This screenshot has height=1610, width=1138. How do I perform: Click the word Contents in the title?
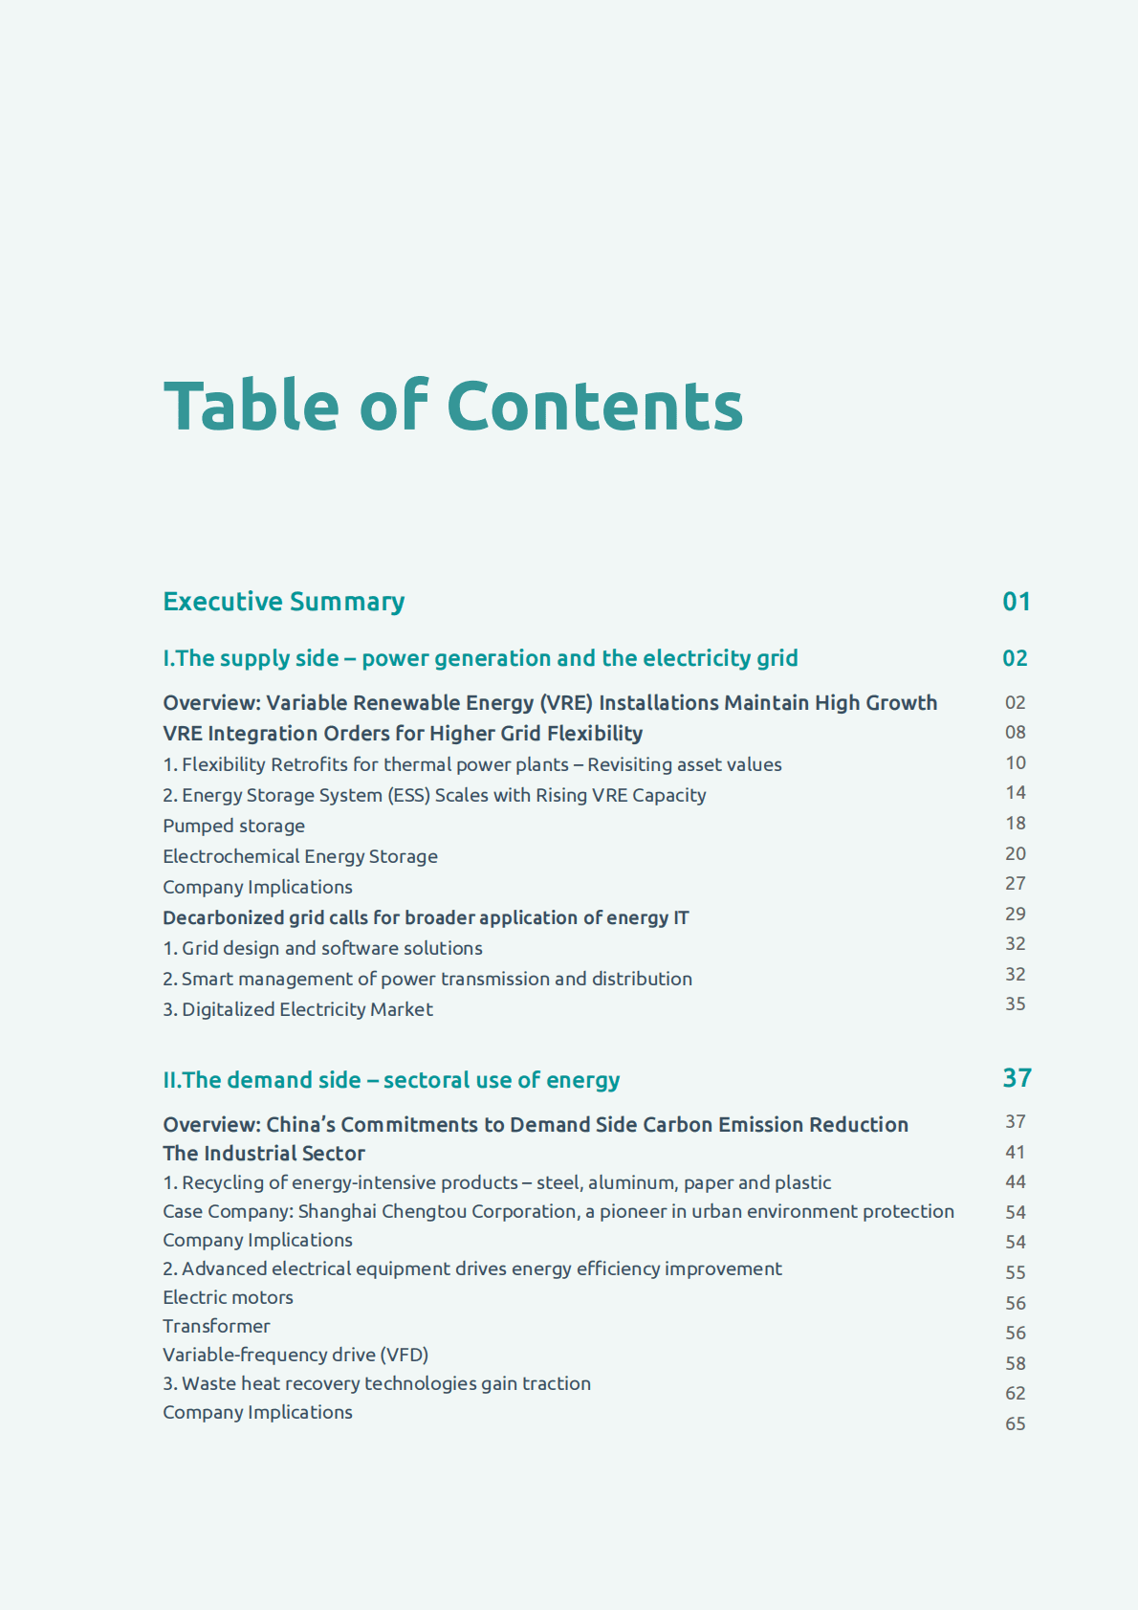point(594,406)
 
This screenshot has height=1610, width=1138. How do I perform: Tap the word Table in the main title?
point(252,406)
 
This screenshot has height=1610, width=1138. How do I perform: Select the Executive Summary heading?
point(284,602)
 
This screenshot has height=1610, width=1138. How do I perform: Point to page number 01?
point(1016,602)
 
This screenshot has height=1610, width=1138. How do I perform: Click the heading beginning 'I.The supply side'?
point(480,658)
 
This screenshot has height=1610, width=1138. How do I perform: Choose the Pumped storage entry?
point(234,826)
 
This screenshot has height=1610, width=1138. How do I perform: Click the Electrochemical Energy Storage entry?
point(300,856)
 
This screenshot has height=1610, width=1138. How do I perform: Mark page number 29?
point(1015,914)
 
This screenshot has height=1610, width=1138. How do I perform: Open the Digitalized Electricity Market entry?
point(297,1009)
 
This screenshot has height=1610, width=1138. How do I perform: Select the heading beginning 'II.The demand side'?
point(391,1080)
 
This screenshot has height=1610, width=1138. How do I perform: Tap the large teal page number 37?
point(1017,1078)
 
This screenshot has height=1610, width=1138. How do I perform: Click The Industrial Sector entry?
point(264,1153)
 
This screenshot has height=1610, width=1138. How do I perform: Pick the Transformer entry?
point(216,1326)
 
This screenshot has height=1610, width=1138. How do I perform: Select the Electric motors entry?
point(228,1297)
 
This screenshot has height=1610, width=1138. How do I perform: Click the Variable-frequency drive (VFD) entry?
point(295,1355)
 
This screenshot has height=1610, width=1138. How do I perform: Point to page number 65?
point(1015,1423)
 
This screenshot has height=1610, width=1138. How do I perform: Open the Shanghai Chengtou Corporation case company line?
point(558,1211)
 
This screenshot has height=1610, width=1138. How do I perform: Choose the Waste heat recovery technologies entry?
point(377,1383)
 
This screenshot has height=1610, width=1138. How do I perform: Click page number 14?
point(1015,792)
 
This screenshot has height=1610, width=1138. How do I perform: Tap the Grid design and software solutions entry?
point(322,948)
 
